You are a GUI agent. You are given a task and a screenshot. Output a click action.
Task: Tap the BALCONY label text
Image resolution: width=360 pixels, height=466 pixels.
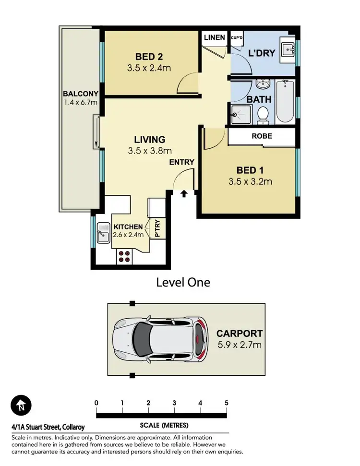(x=80, y=94)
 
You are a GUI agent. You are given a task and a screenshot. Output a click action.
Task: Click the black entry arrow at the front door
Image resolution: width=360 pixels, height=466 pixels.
(x=184, y=194)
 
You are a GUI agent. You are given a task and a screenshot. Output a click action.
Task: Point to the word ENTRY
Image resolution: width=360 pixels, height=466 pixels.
(x=181, y=162)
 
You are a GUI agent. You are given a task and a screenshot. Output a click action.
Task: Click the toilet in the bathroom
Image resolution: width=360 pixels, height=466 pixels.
(x=263, y=114)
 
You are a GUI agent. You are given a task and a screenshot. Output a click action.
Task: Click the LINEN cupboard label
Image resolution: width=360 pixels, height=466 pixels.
(x=214, y=37)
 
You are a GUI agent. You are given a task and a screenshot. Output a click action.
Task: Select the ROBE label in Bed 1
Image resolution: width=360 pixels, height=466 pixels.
(x=262, y=136)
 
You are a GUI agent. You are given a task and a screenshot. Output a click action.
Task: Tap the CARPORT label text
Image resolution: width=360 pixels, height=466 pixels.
(x=239, y=333)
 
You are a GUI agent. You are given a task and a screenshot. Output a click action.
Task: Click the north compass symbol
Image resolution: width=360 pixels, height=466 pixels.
(x=21, y=405)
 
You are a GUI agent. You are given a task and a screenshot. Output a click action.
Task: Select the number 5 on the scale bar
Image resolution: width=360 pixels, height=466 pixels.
(x=226, y=403)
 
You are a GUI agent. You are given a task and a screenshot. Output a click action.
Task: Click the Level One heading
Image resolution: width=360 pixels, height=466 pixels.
(x=183, y=282)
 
